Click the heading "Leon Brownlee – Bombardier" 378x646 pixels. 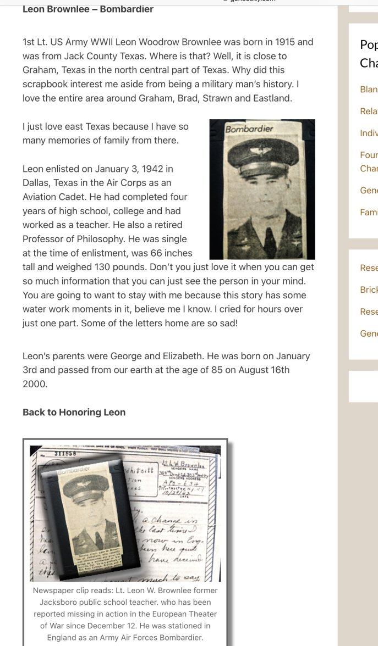88,9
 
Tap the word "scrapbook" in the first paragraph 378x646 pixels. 47,84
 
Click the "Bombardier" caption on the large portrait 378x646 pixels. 249,129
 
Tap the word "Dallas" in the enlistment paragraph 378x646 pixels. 36,182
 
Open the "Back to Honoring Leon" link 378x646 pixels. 74,412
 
